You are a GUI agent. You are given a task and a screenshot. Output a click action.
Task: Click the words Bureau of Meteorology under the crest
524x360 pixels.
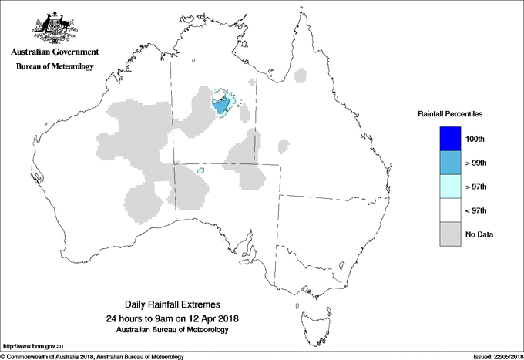(55, 66)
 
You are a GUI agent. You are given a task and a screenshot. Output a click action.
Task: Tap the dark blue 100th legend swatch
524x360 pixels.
(449, 139)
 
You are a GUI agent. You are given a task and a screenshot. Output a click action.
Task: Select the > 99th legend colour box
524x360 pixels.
(449, 163)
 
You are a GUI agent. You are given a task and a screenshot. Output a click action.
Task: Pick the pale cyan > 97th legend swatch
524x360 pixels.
(449, 187)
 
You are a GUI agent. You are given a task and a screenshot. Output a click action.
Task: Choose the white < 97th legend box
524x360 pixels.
(449, 210)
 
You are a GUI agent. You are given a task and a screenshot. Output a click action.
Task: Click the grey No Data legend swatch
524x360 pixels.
(449, 234)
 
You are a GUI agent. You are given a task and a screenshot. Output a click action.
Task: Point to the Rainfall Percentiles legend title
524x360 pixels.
(450, 113)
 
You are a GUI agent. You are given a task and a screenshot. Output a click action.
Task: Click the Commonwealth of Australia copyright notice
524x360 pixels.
(92, 356)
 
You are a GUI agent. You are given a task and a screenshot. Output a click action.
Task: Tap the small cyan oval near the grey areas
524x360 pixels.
(200, 170)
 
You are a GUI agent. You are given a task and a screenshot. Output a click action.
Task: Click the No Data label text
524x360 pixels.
(479, 234)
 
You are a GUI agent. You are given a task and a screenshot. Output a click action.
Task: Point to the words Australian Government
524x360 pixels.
(55, 52)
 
